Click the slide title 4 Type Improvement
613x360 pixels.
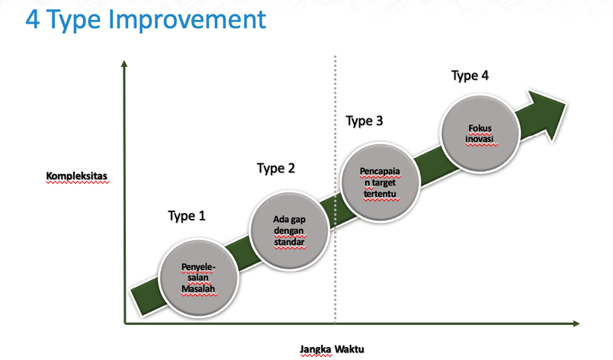(x=146, y=21)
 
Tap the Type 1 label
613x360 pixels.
(x=187, y=216)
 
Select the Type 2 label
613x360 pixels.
(x=275, y=169)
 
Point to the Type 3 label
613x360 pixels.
(x=364, y=121)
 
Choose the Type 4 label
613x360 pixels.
(x=470, y=76)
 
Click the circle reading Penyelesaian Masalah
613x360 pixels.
(x=198, y=278)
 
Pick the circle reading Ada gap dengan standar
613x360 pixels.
(x=289, y=230)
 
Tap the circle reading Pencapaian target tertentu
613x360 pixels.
(x=380, y=182)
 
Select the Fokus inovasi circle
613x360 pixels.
(x=480, y=133)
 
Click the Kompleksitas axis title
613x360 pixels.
(x=76, y=176)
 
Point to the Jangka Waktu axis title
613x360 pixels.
(x=332, y=349)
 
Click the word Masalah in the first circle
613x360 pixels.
(x=198, y=289)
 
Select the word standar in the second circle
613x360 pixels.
(x=289, y=243)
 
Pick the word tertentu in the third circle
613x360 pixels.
(x=380, y=194)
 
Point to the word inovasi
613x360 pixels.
(x=480, y=139)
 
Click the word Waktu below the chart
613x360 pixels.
(x=349, y=349)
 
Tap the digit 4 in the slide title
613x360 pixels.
(x=33, y=20)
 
